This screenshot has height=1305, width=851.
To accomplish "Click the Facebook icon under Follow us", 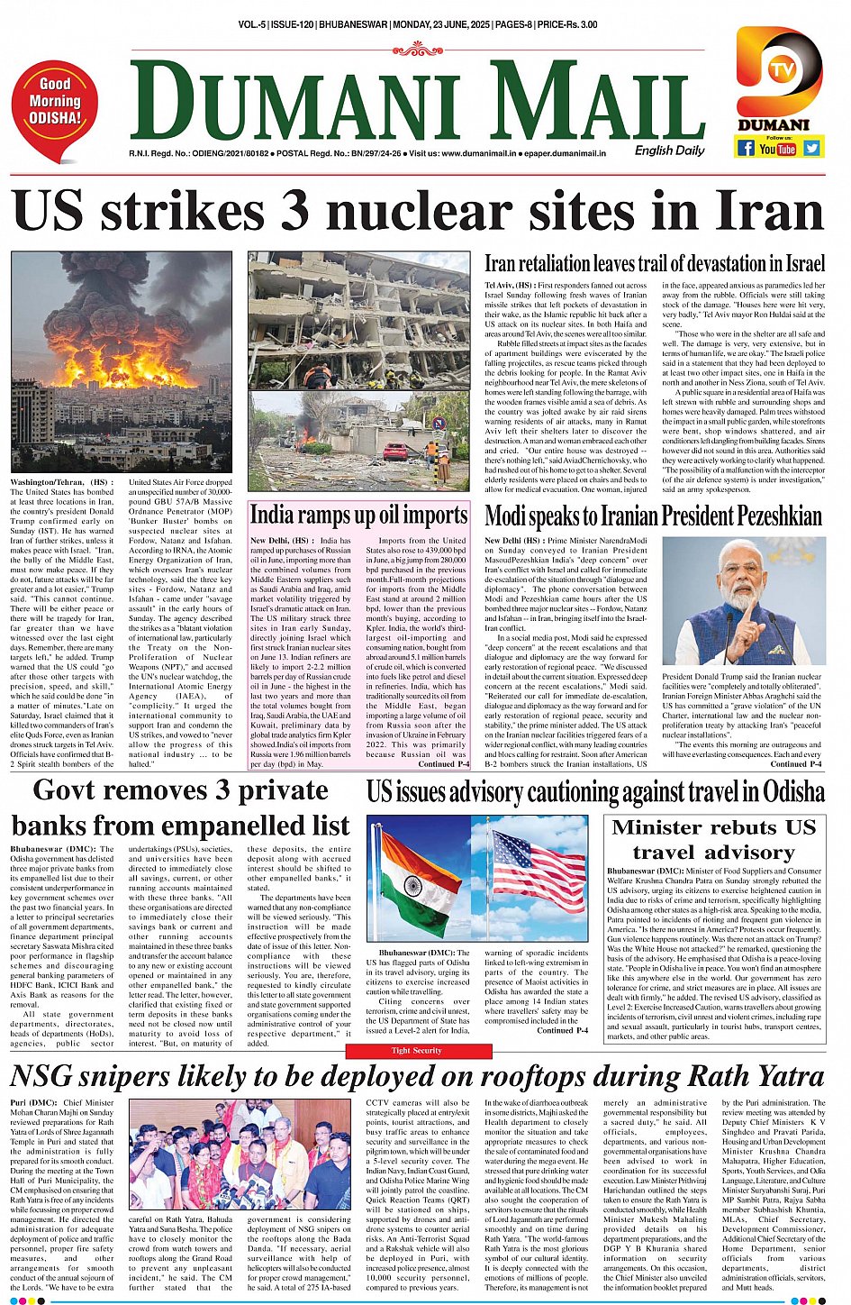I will tap(746, 148).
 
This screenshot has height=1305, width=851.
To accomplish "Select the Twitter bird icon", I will tap(811, 148).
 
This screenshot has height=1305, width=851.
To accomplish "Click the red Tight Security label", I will tap(416, 1050).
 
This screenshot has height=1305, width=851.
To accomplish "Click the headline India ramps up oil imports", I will tap(358, 515).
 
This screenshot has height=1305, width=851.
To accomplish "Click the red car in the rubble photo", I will tap(395, 452).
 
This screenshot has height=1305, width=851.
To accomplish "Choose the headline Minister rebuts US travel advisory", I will tap(713, 839).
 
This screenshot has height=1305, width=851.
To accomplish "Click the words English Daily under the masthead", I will tap(669, 151).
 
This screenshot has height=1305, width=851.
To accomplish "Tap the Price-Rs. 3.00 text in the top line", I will tap(567, 24).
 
